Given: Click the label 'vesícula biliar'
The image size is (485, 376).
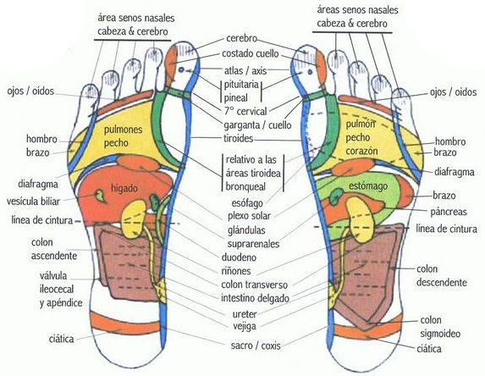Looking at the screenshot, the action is pyautogui.click(x=33, y=202).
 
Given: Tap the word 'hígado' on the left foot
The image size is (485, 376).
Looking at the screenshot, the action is pyautogui.click(x=124, y=189).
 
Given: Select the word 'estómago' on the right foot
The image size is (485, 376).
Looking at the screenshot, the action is pyautogui.click(x=368, y=186).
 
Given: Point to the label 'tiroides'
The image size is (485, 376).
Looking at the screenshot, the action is pyautogui.click(x=238, y=138).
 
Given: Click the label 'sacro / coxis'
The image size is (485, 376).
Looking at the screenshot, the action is pyautogui.click(x=256, y=346).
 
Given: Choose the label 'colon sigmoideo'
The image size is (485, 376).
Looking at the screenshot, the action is pyautogui.click(x=440, y=327).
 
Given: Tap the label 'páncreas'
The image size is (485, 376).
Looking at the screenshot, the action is pyautogui.click(x=449, y=212).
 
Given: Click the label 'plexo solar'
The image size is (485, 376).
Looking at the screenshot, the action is pyautogui.click(x=249, y=216).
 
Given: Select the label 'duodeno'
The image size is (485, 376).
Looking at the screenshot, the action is pyautogui.click(x=239, y=257).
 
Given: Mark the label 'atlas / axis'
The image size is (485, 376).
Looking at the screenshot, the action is pyautogui.click(x=245, y=70).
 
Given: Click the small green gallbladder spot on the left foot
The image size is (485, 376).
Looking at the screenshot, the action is pyautogui.click(x=100, y=196).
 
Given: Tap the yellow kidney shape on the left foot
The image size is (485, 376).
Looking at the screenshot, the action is pyautogui.click(x=134, y=218).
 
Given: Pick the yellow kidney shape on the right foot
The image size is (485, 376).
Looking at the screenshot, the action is pyautogui.click(x=361, y=219).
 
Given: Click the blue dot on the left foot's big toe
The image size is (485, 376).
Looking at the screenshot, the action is pyautogui.click(x=181, y=70).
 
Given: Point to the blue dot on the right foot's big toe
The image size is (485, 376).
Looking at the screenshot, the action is pyautogui.click(x=310, y=72).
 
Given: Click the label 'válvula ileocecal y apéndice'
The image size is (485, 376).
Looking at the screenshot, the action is pyautogui.click(x=61, y=290).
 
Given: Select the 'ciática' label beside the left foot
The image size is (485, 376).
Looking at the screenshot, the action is pyautogui.click(x=61, y=339).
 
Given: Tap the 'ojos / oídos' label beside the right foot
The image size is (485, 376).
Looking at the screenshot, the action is pyautogui.click(x=453, y=92).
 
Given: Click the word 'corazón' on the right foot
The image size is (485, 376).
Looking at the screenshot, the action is pyautogui.click(x=361, y=151).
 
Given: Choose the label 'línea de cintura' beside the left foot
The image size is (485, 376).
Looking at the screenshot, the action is pyautogui.click(x=42, y=220).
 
